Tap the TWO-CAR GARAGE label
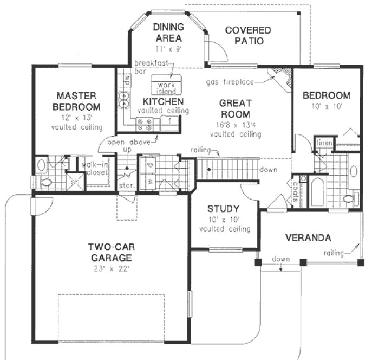tap(109, 252)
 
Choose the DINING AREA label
tap(167, 33)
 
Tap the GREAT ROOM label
tap(234, 108)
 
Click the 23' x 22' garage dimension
tap(109, 268)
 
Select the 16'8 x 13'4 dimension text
tap(235, 124)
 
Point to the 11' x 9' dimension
tap(167, 48)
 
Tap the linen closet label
tap(339, 143)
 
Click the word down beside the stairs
tap(268, 170)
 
